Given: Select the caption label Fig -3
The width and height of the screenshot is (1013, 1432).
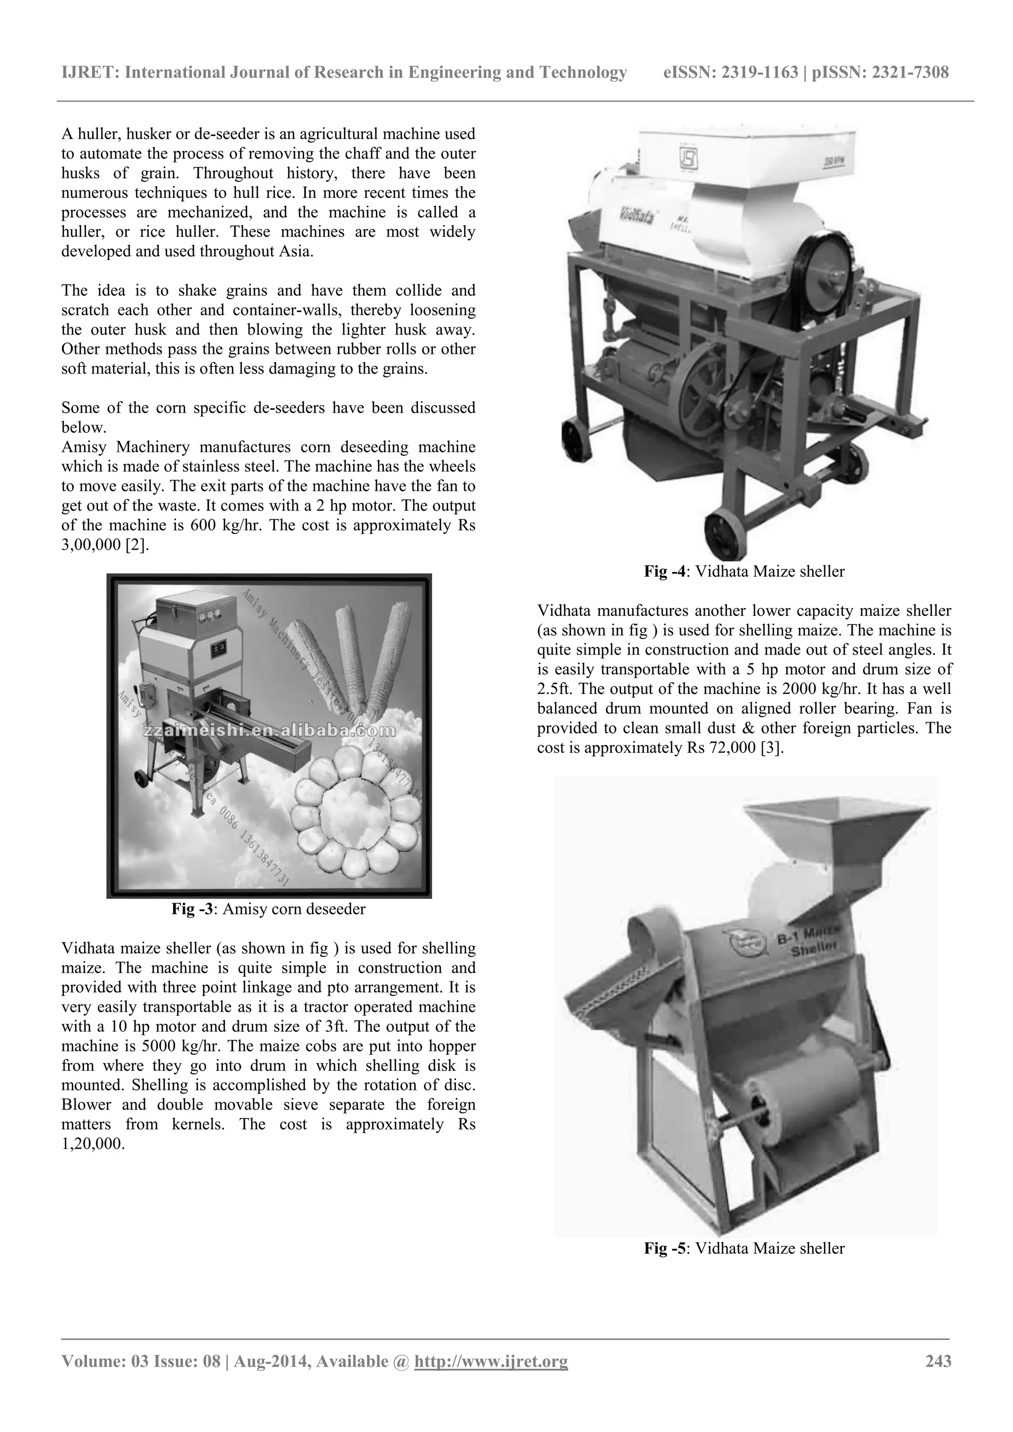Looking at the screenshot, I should [x=192, y=909].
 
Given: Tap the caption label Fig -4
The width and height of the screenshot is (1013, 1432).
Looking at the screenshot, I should [x=665, y=571].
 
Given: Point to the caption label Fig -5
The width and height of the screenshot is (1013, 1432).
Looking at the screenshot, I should [x=665, y=1248].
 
